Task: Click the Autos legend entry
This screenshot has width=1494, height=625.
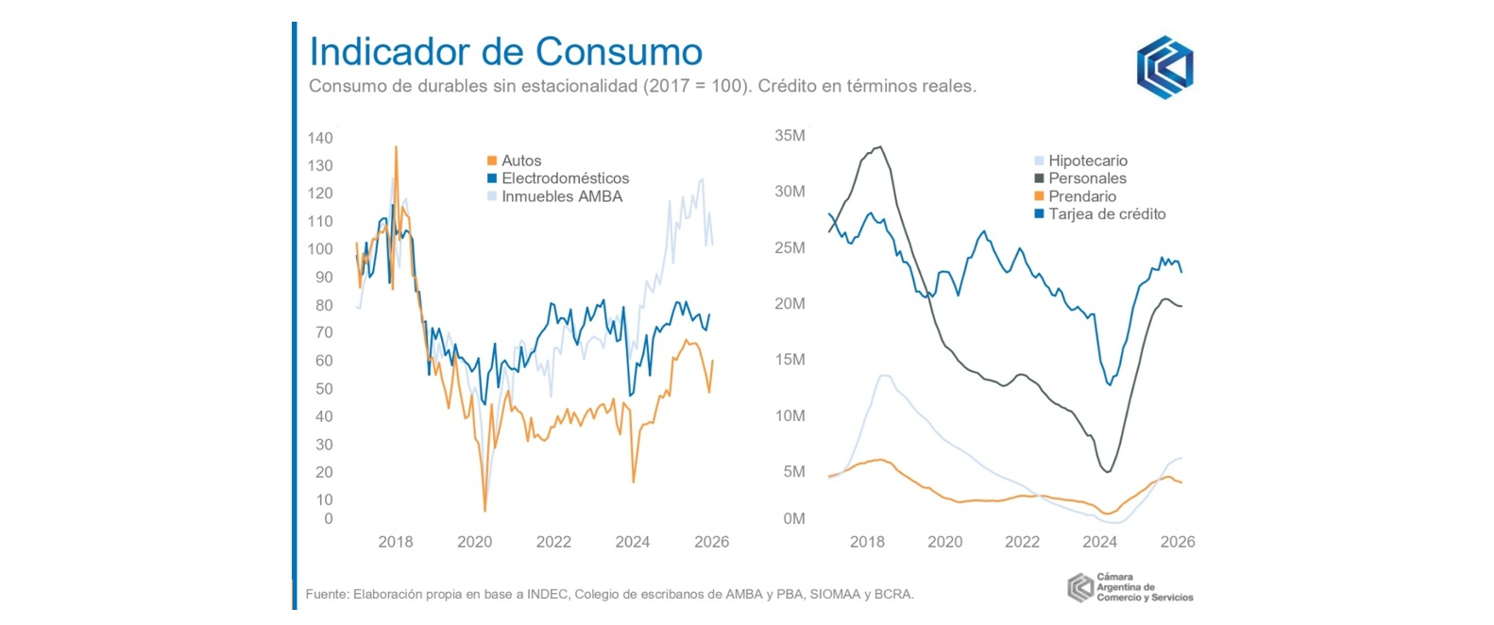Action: coord(520,160)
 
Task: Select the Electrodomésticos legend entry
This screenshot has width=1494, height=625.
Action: coord(564,178)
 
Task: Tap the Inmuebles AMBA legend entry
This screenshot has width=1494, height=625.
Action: coord(561,196)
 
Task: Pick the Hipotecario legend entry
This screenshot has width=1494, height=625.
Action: coord(1087,160)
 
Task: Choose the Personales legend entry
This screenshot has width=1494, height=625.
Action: coord(1086,178)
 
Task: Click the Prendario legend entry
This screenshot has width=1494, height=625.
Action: coord(1081,196)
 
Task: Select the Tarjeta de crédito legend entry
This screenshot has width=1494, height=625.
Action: coord(1106,214)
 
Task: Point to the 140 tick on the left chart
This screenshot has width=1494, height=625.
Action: coord(320,138)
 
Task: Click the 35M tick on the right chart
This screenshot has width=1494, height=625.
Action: coord(789,136)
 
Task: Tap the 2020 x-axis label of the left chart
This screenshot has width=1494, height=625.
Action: coord(474,542)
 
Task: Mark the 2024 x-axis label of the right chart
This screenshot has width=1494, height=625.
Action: coord(1099,542)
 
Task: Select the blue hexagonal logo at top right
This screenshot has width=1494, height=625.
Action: coord(1164,67)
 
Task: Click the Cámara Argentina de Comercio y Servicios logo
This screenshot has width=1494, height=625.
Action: coord(1130,587)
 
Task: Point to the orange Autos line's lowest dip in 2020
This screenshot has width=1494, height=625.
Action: coord(485,511)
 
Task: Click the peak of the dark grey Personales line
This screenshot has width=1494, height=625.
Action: coord(880,147)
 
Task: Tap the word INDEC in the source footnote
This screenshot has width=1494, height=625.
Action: coord(548,595)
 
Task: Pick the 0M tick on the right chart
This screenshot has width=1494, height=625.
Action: coord(793,518)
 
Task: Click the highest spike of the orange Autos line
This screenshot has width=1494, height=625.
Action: coord(396,147)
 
